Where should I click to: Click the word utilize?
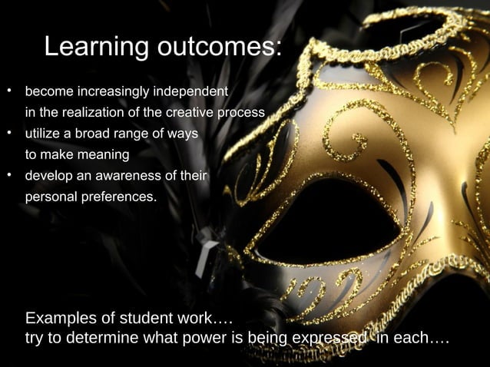(43, 134)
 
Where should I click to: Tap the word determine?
(99, 338)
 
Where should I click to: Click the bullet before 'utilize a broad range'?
(9, 132)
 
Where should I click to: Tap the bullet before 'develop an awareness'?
(9, 174)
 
